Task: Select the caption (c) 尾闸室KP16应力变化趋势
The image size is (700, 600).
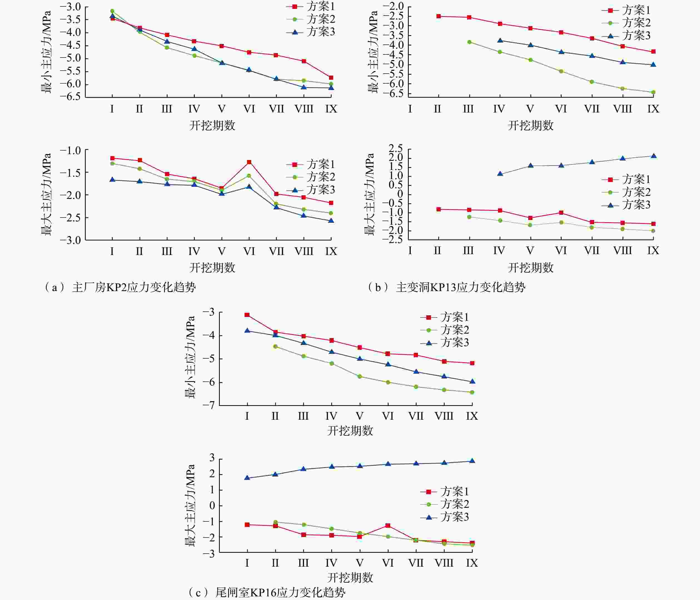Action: pyautogui.click(x=266, y=592)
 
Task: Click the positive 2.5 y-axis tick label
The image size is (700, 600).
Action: pyautogui.click(x=396, y=149)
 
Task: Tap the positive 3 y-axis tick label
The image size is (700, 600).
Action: pyautogui.click(x=212, y=458)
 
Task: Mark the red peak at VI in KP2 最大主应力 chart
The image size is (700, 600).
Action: pyautogui.click(x=249, y=162)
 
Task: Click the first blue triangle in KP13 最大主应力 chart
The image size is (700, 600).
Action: pyautogui.click(x=500, y=174)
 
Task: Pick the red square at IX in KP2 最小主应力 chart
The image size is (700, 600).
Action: pyautogui.click(x=331, y=78)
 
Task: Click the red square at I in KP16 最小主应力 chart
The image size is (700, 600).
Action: pyautogui.click(x=247, y=315)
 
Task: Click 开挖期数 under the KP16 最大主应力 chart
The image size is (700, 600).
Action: pyautogui.click(x=350, y=577)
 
